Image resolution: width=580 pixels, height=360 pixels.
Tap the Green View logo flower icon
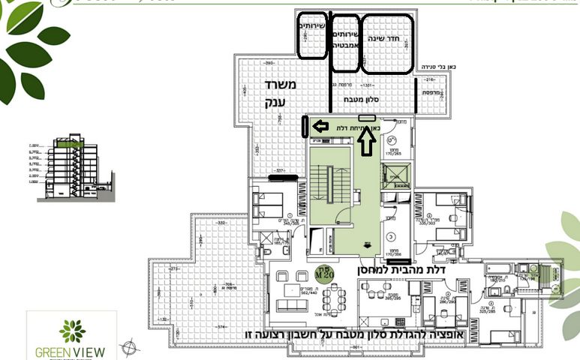click(73, 331)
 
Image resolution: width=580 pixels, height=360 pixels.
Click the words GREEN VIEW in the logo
click(71, 351)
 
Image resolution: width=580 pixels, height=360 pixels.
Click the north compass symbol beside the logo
click(133, 346)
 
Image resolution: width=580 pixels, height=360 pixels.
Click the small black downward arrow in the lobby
click(368, 243)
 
